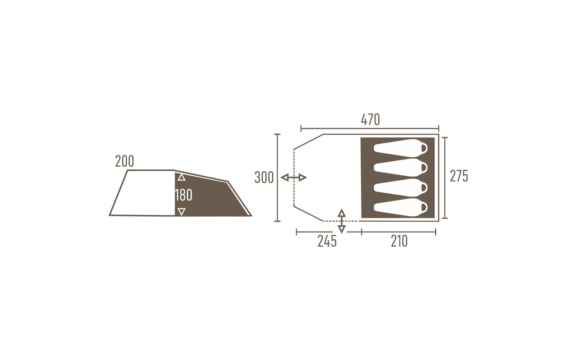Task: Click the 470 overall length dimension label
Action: point(370,120)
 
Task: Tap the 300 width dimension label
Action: point(264,177)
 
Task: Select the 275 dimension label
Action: point(459,176)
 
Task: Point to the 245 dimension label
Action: point(327,241)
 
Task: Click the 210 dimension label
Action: point(399,241)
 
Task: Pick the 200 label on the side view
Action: point(125,161)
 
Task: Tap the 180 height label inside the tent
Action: point(184,195)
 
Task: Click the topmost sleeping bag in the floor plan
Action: point(401,148)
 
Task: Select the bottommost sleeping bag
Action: point(401,207)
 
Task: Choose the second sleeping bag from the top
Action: point(401,168)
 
